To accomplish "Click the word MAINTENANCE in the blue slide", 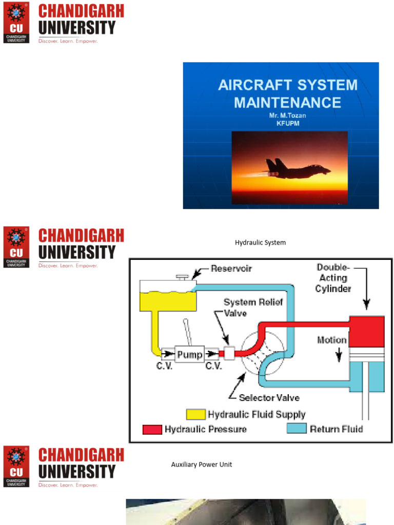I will pos(287,102).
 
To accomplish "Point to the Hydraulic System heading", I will pos(260,243).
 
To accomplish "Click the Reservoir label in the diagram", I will pos(231,269).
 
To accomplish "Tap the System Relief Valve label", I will pos(253,308).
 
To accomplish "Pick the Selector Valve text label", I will pos(269,397).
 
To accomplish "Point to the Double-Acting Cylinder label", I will pos(333,278).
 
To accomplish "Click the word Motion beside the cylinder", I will pos(332,340).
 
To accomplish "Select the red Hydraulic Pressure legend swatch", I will pos(153,429).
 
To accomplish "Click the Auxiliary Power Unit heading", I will pos(201,465).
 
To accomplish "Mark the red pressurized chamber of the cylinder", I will pos(366,331).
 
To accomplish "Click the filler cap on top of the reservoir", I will pos(182,277).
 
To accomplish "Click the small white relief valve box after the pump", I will pos(228,353).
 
